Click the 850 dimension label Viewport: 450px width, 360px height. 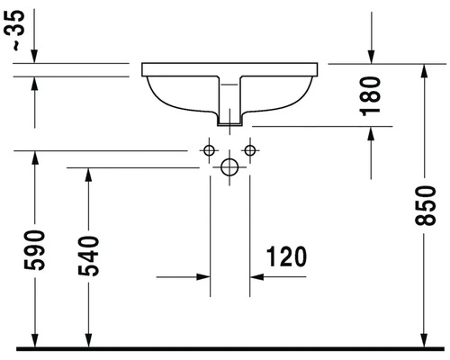425,205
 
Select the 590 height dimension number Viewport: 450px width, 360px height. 34,250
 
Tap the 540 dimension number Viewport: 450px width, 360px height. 88,256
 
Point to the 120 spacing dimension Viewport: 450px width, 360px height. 287,256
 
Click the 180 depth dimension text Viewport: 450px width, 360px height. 370,96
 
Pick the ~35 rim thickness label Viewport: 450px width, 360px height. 15,30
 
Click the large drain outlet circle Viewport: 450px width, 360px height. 229,167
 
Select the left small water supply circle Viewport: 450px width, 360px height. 209,150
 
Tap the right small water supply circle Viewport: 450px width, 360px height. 250,150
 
